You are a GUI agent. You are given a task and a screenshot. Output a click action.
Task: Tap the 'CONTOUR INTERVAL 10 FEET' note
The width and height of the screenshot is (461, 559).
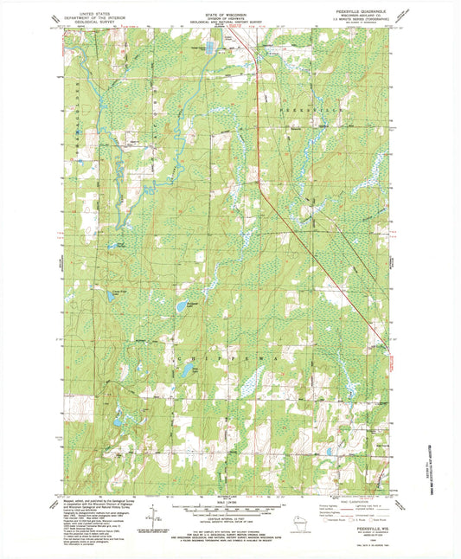230,517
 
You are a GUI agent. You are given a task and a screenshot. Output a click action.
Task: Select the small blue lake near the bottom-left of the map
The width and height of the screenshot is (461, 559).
117,423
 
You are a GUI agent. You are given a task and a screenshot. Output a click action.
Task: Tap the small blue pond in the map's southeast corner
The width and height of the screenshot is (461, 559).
330,452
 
